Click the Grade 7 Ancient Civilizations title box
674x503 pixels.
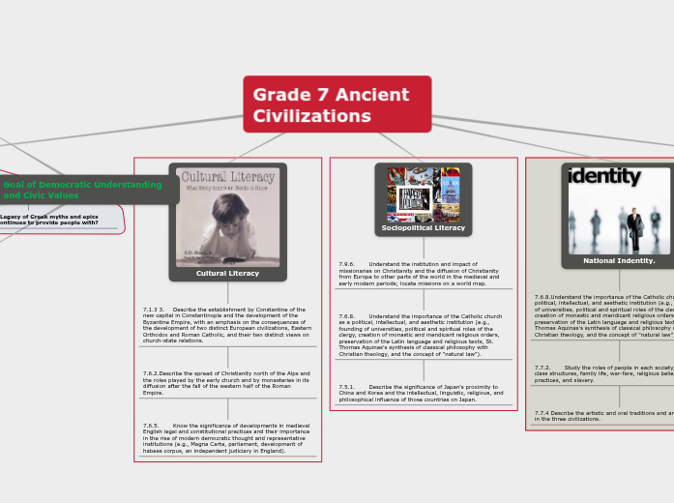(x=337, y=104)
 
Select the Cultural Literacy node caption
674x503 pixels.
(x=227, y=273)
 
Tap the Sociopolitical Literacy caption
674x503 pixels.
(x=423, y=227)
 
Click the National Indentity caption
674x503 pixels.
(x=619, y=260)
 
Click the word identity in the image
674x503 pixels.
(x=605, y=177)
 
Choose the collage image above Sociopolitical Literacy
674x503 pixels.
(x=424, y=194)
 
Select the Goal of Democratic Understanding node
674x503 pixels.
(x=82, y=190)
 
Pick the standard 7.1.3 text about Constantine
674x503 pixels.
(x=227, y=325)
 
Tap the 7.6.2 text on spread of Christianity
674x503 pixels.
(x=227, y=382)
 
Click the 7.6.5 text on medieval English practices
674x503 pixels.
(x=227, y=437)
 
